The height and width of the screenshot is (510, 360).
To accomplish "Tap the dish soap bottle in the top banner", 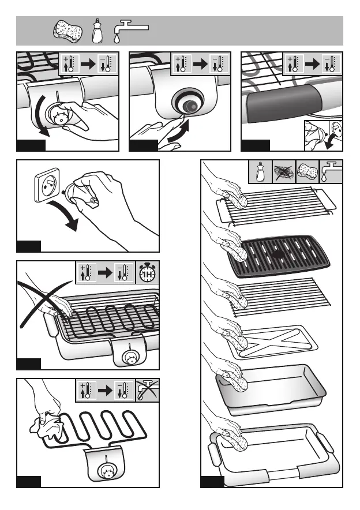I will coord(97,31).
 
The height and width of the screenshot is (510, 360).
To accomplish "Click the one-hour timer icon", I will coord(147,273).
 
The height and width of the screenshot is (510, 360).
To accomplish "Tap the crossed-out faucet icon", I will coord(147,390).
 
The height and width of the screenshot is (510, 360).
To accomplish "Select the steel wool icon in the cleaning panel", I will coord(283,172).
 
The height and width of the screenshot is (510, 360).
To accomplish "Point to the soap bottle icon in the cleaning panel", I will coord(260,172).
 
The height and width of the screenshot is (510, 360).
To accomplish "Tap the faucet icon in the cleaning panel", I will coord(331,172).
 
